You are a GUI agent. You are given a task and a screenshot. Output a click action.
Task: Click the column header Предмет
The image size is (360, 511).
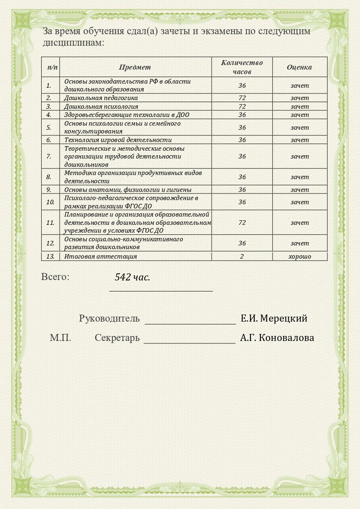coord(135,67)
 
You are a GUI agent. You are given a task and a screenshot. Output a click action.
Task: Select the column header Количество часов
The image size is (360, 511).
coord(242,67)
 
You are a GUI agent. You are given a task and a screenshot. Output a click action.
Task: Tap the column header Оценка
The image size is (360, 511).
coord(299,67)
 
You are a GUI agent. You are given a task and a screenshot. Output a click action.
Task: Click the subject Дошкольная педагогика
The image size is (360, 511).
coord(101,98)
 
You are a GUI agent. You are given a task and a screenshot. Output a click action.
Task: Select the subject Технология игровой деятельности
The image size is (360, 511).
coord(118,140)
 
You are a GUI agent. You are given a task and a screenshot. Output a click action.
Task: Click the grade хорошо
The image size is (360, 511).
coord(299,257)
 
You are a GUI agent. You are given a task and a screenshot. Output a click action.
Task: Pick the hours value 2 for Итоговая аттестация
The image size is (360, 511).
coord(242,257)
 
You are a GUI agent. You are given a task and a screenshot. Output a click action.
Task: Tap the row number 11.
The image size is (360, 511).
coord(50,222)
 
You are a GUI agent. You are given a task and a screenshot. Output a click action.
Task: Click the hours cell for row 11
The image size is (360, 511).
coord(242,222)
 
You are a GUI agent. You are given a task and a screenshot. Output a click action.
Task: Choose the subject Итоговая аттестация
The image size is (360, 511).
coord(101,257)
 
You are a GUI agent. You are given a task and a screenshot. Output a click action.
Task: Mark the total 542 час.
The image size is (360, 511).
coord(132,277)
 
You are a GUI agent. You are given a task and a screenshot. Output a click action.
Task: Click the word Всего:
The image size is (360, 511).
coord(55,277)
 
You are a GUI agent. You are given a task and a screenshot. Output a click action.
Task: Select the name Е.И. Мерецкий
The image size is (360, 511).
coord(274,318)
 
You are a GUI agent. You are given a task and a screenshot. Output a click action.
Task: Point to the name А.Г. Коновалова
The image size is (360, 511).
coord(277,338)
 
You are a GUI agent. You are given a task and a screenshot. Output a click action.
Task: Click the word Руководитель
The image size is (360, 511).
coord(109,319)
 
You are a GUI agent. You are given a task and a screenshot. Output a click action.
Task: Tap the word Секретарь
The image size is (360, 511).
coord(117,338)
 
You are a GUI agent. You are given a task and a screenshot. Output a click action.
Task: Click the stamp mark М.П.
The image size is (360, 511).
coord(61,338)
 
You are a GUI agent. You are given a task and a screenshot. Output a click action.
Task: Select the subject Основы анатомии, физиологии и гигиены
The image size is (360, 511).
coord(128,190)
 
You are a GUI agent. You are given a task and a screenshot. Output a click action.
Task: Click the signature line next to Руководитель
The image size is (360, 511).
coord(190,323)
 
